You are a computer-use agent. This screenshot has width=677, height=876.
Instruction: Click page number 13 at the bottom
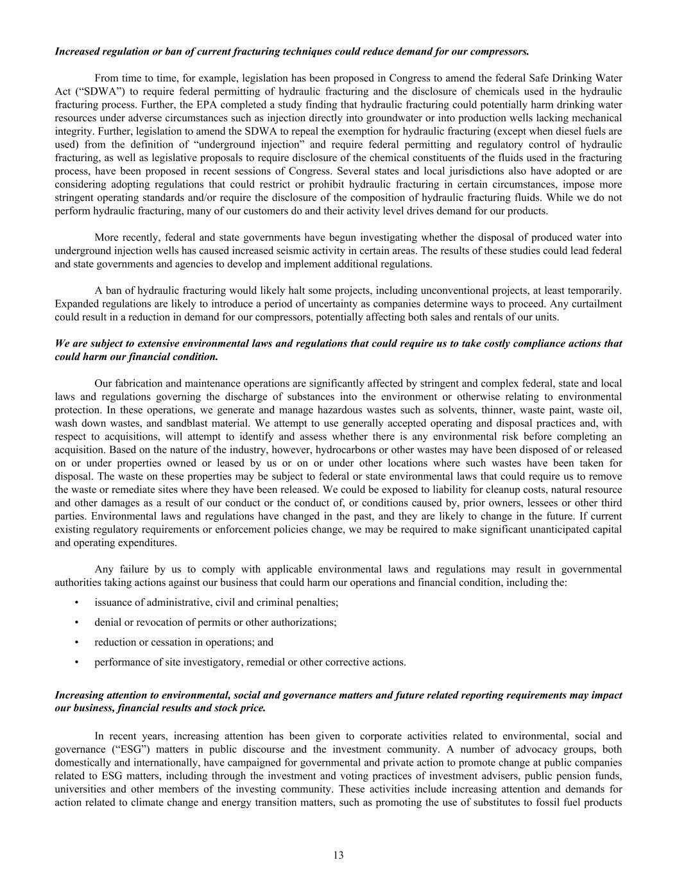point(338,855)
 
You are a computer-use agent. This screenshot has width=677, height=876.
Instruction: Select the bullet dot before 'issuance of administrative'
point(77,602)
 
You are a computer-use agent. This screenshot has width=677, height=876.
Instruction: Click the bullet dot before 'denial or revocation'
point(77,622)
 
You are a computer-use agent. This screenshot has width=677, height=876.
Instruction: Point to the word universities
point(80,789)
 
